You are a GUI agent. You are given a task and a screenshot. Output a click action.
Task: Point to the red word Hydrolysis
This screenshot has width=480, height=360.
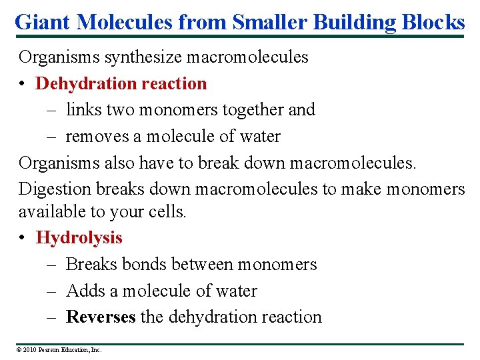click(x=79, y=237)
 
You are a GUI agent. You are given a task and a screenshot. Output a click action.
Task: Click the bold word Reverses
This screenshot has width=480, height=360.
click(x=101, y=317)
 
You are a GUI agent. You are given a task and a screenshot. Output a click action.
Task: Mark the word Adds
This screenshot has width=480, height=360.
click(x=83, y=291)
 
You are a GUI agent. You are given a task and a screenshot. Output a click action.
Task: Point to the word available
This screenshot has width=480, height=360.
click(x=47, y=211)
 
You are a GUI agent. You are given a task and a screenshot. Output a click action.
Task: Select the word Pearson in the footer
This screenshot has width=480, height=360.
click(x=51, y=349)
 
